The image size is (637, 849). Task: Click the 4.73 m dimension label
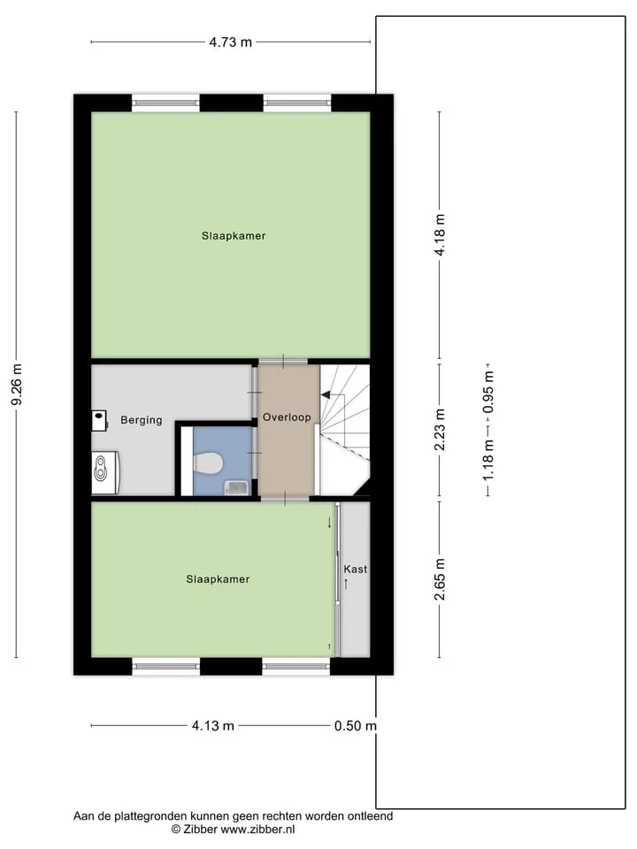point(231,42)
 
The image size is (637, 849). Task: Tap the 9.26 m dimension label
point(17,385)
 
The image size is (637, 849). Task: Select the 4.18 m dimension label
point(440,234)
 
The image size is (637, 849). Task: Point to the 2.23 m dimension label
point(440,430)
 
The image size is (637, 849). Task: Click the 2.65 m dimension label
point(440,579)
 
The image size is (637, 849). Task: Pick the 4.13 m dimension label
point(213,725)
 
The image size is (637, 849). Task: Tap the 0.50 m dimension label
point(356,725)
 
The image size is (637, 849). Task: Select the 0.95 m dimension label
point(488,392)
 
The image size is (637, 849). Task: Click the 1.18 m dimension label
point(488,460)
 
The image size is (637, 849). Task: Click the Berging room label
point(142,420)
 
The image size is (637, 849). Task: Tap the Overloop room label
point(287,417)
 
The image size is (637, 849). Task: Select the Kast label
point(356,569)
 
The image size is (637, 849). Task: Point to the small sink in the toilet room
point(236,488)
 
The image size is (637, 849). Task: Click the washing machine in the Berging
point(104,472)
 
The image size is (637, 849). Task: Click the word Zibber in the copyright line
point(201,829)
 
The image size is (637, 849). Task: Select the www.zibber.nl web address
point(257,829)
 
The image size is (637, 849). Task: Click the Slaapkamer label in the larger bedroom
point(234,236)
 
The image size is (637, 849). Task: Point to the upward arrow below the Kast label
point(346,585)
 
